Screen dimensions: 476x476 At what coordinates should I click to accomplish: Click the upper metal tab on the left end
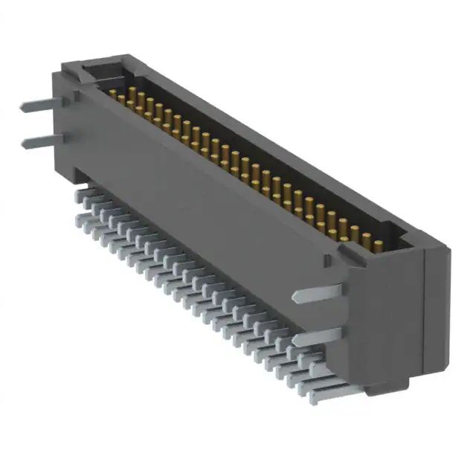(x=37, y=106)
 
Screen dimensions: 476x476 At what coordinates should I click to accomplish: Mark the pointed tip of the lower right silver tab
(x=297, y=340)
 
